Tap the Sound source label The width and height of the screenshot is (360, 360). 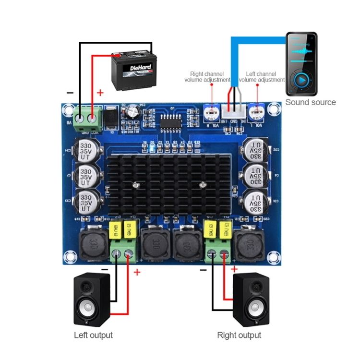311,102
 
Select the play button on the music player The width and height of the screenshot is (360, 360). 302,79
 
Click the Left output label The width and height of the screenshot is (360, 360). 93,335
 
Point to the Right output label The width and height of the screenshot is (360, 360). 239,335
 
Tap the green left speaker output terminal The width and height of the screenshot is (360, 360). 122,256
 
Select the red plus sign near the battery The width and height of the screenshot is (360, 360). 100,93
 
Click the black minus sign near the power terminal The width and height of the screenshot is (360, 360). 71,93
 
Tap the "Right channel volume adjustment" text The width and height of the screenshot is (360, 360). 207,77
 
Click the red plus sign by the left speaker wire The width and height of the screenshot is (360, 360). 137,272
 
